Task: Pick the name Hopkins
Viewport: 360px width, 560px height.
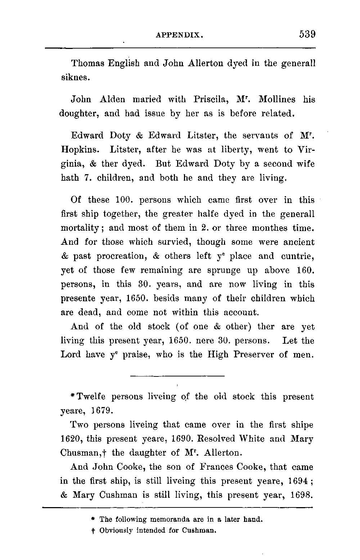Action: pos(78,150)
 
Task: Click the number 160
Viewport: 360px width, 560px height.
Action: pos(305,270)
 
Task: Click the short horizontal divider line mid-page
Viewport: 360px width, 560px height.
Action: pos(177,376)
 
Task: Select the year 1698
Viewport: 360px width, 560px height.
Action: pos(302,495)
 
